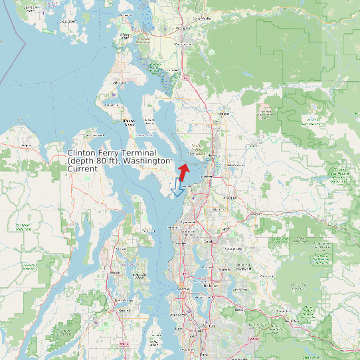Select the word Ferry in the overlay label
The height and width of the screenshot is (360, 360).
pyautogui.click(x=110, y=153)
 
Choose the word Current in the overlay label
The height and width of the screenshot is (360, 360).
pyautogui.click(x=82, y=169)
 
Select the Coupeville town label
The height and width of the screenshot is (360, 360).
pyautogui.click(x=128, y=122)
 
